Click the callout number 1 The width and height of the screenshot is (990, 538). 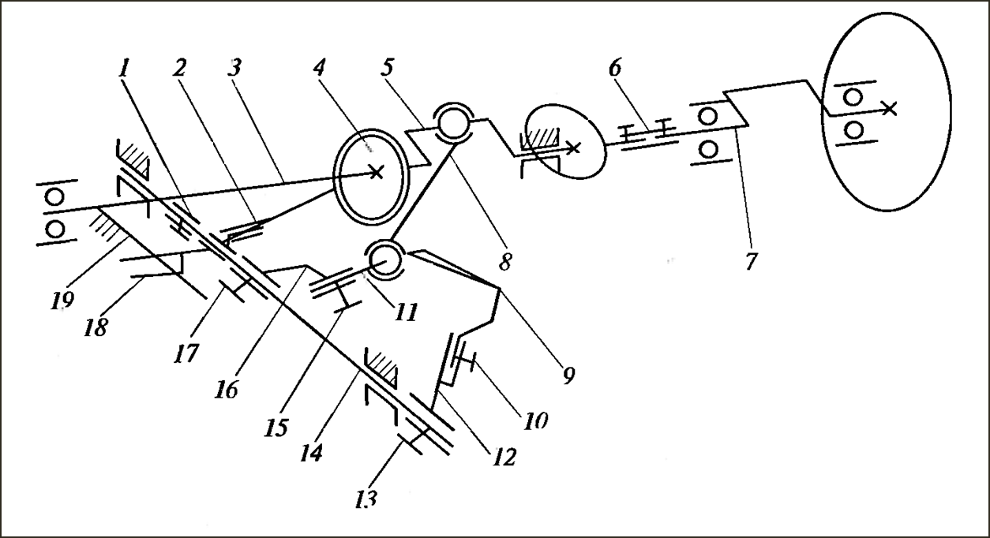(124, 69)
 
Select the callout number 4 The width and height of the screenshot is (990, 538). (319, 68)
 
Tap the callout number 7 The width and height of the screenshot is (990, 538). (751, 260)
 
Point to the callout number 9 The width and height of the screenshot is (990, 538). (568, 375)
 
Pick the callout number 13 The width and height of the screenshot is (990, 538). (366, 499)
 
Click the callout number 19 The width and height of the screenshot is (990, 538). (62, 301)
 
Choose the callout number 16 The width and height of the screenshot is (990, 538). (227, 390)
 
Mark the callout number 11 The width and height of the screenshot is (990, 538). (406, 312)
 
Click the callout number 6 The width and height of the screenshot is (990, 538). (615, 68)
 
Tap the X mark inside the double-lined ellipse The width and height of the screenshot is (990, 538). (376, 172)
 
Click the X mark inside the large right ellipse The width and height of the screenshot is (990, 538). (890, 109)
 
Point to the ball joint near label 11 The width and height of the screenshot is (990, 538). (384, 260)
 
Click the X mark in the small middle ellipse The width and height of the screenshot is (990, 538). (573, 148)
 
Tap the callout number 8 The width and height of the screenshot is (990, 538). (505, 261)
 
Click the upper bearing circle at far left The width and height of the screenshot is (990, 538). (55, 196)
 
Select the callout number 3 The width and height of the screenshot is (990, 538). (235, 68)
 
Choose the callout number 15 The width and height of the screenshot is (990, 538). (276, 428)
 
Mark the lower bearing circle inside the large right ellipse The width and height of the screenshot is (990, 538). (854, 130)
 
